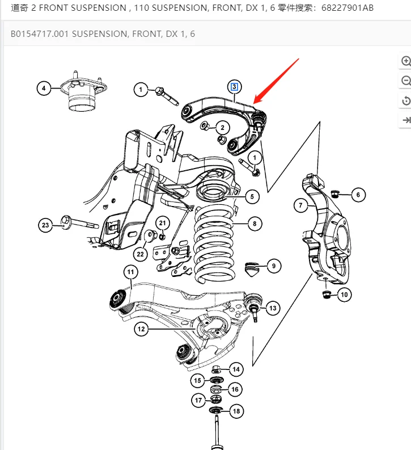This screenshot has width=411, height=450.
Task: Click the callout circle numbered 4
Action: [x=43, y=88]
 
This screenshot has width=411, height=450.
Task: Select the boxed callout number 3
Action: [x=234, y=87]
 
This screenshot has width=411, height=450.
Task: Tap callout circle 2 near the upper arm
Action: [x=222, y=128]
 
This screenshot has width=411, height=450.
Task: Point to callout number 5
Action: [x=252, y=197]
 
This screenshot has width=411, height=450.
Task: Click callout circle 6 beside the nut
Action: [x=358, y=195]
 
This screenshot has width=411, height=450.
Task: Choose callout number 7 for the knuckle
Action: [x=301, y=205]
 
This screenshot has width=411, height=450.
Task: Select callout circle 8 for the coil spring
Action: [x=254, y=224]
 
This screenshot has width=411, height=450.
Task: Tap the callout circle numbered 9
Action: [x=273, y=265]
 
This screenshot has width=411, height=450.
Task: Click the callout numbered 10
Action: [x=345, y=294]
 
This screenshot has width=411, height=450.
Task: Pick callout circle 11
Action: [x=131, y=272]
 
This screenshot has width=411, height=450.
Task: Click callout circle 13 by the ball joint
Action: [x=273, y=308]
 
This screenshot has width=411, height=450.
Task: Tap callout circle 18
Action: [x=236, y=411]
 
